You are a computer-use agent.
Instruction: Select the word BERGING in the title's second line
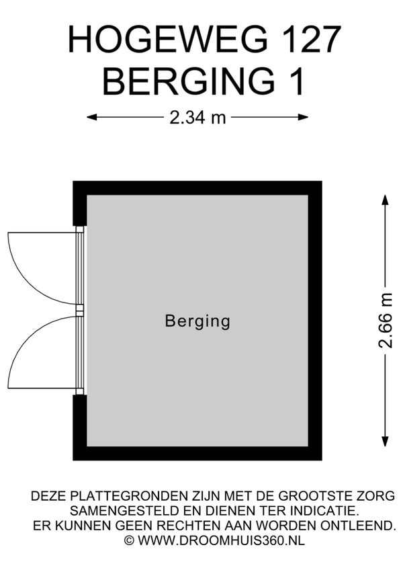[x=188, y=81]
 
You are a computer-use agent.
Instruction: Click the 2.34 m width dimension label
[x=197, y=118]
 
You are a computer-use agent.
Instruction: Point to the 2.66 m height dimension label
[x=386, y=320]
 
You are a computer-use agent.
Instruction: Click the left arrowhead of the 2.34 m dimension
[x=91, y=117]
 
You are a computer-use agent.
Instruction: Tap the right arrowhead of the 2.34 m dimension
[x=304, y=117]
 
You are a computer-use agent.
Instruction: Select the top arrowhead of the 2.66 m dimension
[x=385, y=200]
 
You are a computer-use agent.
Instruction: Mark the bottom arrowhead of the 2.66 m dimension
[x=385, y=442]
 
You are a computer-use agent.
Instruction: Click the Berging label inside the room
[x=197, y=322]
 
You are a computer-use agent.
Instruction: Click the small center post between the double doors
[x=79, y=310]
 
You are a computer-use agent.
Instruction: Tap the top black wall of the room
[x=197, y=188]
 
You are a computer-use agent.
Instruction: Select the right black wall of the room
[x=315, y=321]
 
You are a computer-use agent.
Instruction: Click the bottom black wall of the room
[x=197, y=453]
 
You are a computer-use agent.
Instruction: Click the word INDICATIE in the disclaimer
[x=324, y=511]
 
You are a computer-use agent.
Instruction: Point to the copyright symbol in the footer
[x=129, y=540]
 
